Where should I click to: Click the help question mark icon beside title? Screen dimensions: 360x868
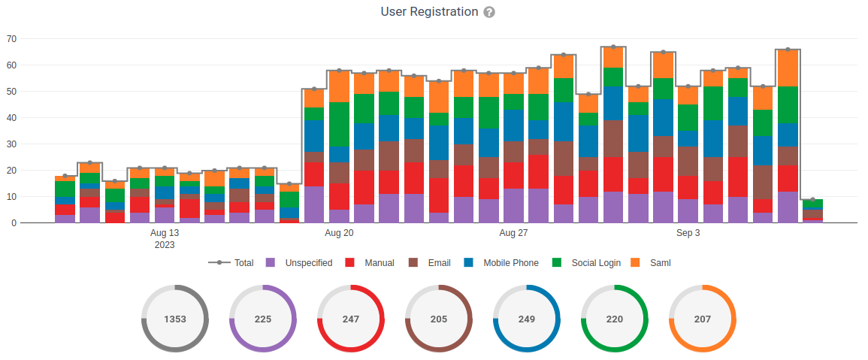(x=489, y=13)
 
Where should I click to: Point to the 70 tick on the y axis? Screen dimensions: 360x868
(x=11, y=39)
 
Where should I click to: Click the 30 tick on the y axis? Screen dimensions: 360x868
(x=11, y=144)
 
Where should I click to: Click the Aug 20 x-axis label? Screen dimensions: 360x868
(x=339, y=234)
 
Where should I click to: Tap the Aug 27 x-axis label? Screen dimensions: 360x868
(x=513, y=234)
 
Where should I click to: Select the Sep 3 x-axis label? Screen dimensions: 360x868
(x=688, y=234)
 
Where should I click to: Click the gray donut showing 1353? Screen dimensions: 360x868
(x=175, y=319)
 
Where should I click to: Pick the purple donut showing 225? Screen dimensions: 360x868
(x=263, y=319)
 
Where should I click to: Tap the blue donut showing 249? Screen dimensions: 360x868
(x=527, y=319)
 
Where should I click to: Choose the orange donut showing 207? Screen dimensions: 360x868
(x=703, y=319)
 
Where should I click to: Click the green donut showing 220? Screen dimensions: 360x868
(x=615, y=319)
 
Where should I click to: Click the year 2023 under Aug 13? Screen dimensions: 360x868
(x=165, y=245)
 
